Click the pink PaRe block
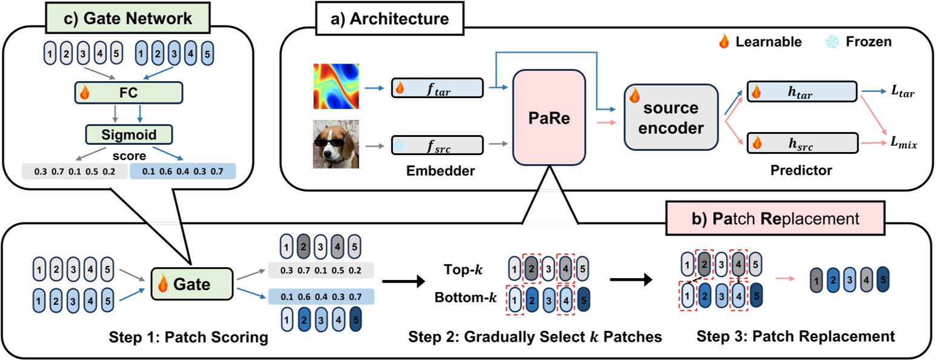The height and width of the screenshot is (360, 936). (548, 117)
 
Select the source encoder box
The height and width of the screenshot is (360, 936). (671, 117)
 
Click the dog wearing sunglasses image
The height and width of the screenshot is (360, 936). (336, 144)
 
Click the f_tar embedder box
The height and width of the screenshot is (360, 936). (437, 88)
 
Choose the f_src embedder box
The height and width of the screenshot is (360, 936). (437, 145)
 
